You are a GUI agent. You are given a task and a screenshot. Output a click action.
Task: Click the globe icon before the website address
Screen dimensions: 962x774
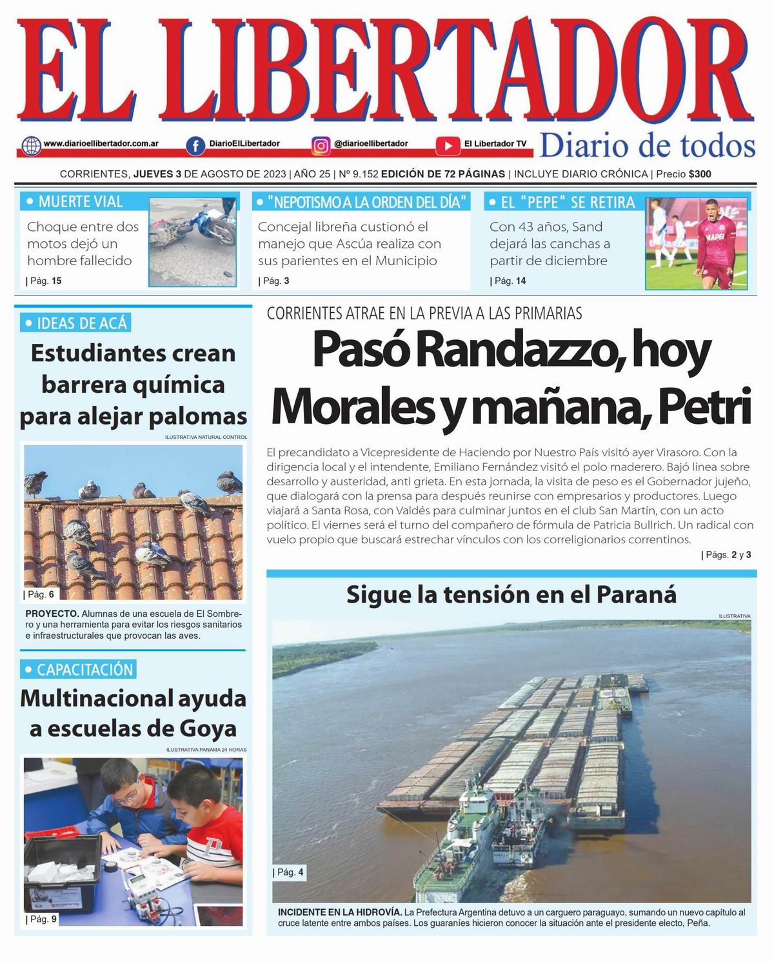[31, 145]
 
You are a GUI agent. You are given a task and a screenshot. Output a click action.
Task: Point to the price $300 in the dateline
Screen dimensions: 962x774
[700, 174]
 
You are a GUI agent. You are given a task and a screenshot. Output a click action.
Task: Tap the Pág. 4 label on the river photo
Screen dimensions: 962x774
[289, 872]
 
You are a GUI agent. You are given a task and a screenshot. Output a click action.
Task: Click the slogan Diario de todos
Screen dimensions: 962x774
[647, 146]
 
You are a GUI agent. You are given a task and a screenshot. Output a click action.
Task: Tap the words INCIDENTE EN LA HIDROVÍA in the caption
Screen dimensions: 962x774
[340, 912]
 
